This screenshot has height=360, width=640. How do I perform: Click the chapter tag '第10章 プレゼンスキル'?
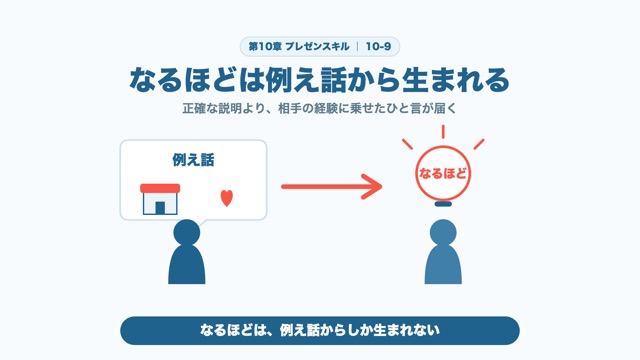tap(299, 47)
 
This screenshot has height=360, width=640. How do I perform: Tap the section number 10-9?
tap(378, 47)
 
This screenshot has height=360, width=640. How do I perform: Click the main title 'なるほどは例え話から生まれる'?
tap(320, 80)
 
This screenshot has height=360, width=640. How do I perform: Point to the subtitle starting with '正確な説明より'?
tap(320, 109)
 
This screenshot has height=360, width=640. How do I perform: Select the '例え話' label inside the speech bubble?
tap(193, 160)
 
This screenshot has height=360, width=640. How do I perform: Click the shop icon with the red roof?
tap(160, 199)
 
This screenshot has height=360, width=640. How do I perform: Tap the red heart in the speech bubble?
tap(227, 198)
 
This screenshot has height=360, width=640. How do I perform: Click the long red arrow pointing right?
tap(331, 187)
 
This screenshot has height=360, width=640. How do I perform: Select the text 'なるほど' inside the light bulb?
tap(443, 173)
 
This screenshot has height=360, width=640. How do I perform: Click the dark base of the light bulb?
tap(443, 203)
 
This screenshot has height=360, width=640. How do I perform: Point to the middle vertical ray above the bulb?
tap(443, 132)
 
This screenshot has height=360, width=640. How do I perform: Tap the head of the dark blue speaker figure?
tap(187, 233)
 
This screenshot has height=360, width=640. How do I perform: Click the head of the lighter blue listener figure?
tap(443, 233)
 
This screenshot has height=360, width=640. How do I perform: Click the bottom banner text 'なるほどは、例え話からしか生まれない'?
tap(320, 330)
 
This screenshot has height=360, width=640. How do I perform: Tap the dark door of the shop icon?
tap(160, 208)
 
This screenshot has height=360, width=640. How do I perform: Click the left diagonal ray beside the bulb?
tap(407, 144)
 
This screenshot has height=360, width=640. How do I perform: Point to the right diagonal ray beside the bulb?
tap(479, 144)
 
